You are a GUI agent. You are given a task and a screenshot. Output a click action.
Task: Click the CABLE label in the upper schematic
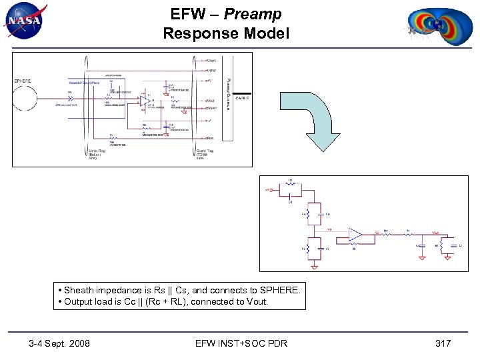coord(242,98)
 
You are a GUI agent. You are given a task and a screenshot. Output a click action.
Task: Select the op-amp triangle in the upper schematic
coord(143,100)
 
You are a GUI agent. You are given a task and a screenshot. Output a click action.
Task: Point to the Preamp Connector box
coord(227,100)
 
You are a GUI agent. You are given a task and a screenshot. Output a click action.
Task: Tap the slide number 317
coord(443,343)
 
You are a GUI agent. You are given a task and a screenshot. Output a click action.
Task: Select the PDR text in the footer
coord(277,343)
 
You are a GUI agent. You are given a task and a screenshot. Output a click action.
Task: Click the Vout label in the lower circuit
coord(435,233)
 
